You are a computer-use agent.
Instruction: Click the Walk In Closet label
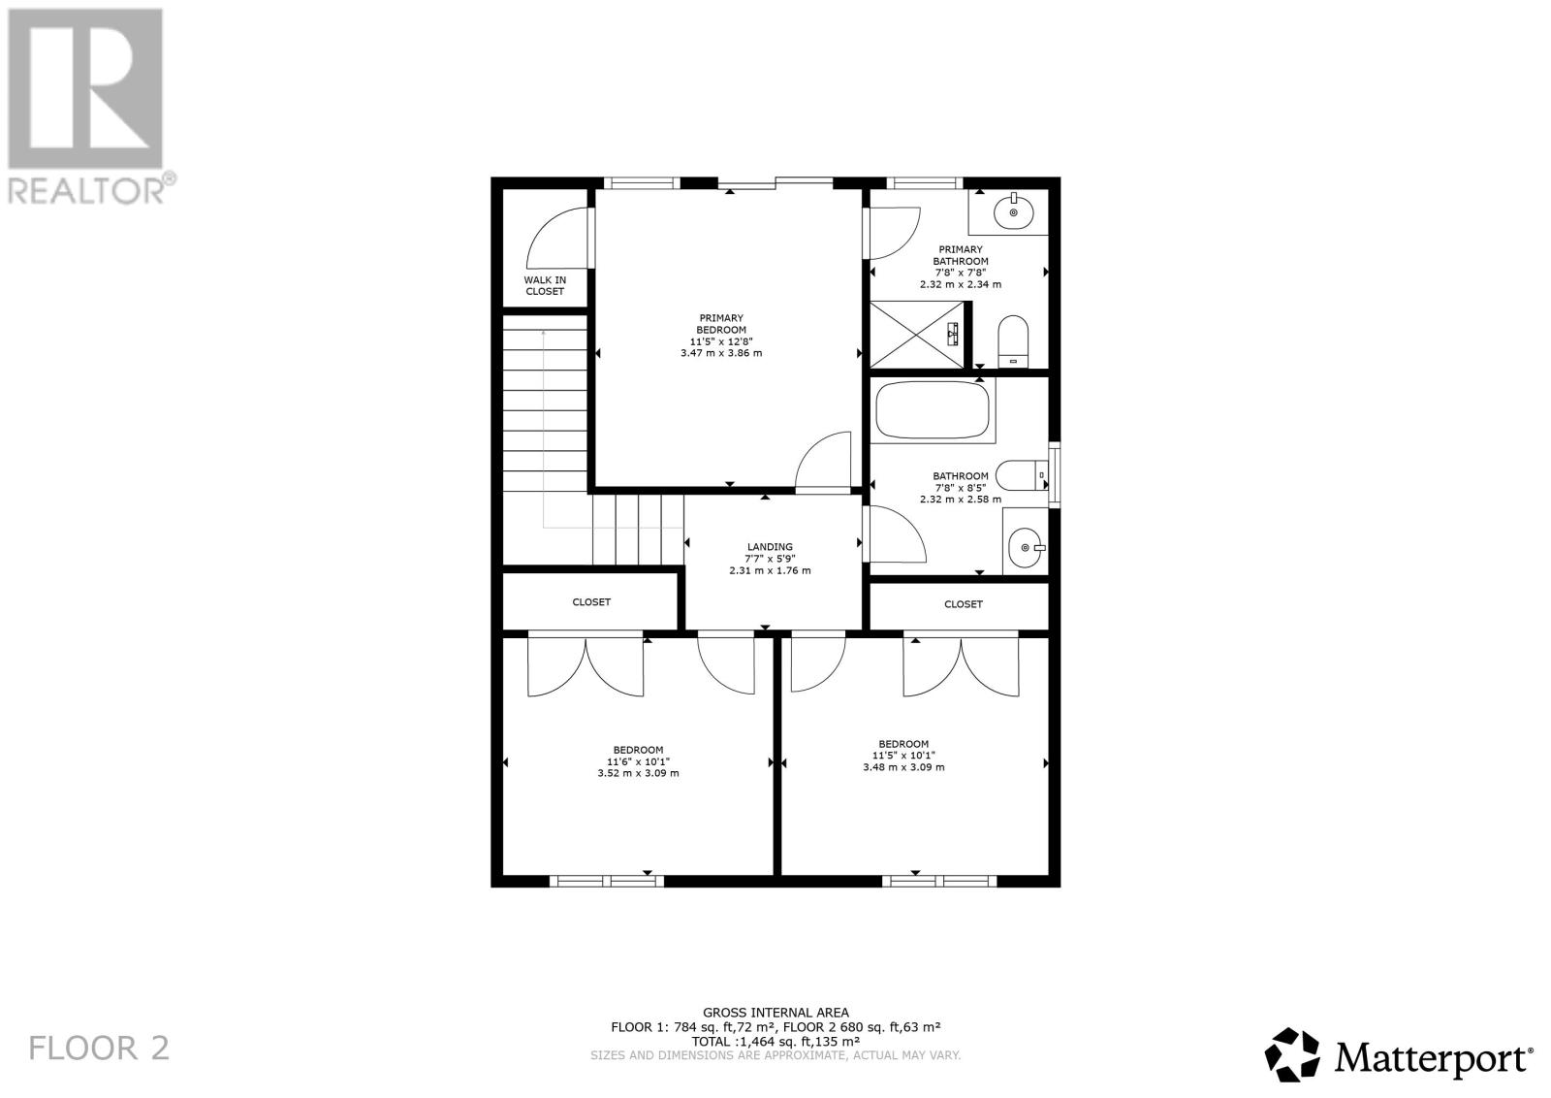tap(545, 285)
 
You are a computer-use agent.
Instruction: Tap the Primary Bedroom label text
tap(721, 324)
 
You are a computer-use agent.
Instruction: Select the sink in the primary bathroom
tap(1013, 211)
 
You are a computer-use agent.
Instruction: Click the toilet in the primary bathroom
tap(1012, 339)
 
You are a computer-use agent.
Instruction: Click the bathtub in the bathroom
tap(933, 410)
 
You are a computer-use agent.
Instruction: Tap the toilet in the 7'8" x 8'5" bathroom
tap(1022, 475)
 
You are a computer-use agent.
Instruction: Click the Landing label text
tap(770, 547)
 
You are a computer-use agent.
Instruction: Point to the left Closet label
tap(591, 602)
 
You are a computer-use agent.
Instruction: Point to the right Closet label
tap(963, 604)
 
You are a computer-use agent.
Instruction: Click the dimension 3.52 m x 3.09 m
tap(638, 773)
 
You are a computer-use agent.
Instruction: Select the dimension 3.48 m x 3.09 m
tap(903, 767)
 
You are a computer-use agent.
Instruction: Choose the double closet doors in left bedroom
tap(586, 667)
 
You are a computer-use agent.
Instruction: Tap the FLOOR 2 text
tap(99, 1048)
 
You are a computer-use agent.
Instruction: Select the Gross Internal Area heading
tap(775, 1013)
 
